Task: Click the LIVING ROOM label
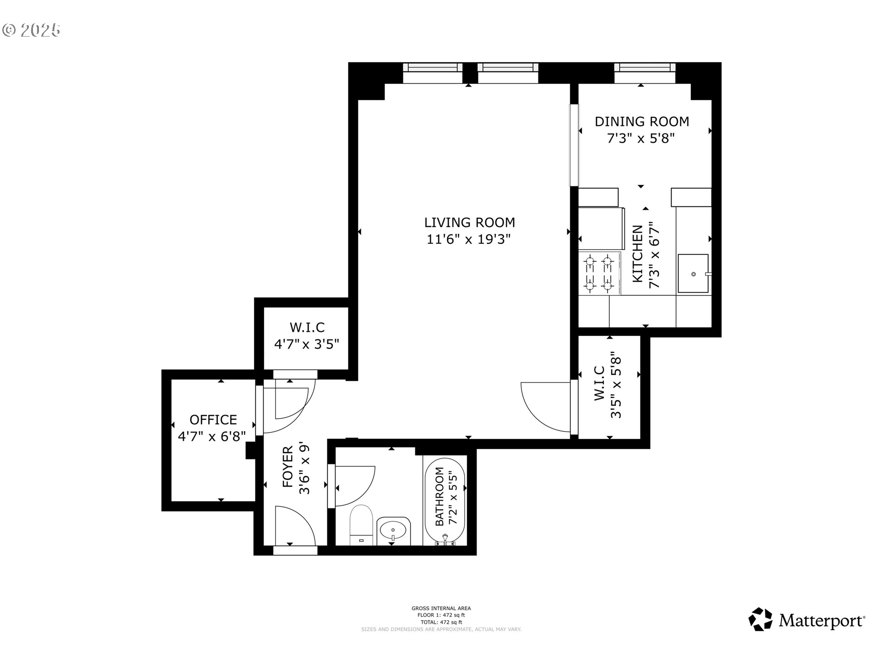[x=469, y=222]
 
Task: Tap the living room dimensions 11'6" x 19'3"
[x=468, y=239]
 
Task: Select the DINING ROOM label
[x=641, y=121]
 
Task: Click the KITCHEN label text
[x=637, y=254]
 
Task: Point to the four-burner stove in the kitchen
[x=599, y=274]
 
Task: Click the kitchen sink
[x=693, y=274]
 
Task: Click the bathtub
[x=445, y=500]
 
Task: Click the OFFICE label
[x=213, y=420]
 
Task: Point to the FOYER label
[x=288, y=467]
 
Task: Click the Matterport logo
[x=807, y=620]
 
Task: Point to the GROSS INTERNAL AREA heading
[x=441, y=608]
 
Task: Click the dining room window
[x=645, y=68]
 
